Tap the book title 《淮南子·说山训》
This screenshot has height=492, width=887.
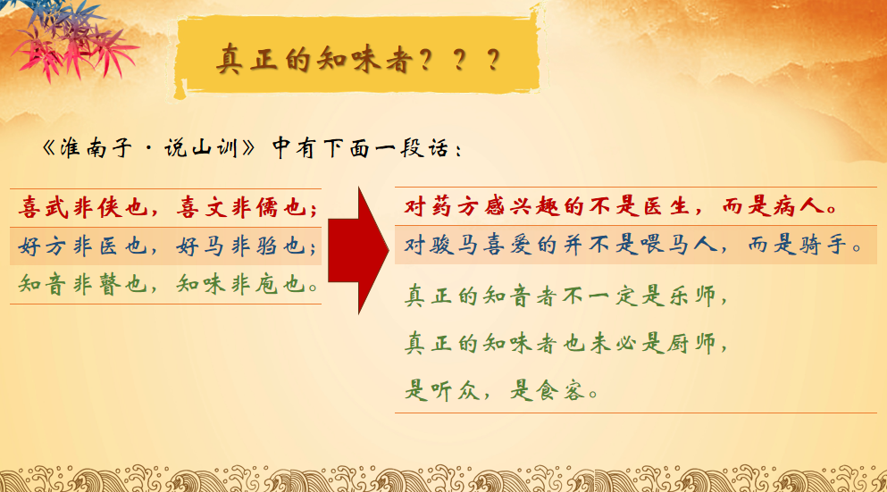[x=149, y=149]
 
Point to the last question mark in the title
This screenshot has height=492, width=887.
[x=493, y=59]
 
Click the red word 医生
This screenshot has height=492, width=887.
[x=665, y=206]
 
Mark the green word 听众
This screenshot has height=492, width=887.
[x=455, y=390]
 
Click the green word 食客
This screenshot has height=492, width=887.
[x=560, y=390]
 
